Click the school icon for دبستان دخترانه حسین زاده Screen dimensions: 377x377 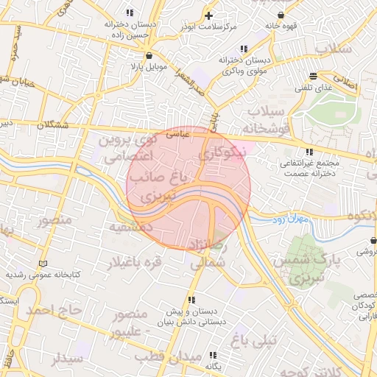(130, 13)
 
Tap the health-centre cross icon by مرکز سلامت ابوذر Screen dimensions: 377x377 (209, 15)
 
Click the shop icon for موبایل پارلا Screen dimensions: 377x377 (150, 54)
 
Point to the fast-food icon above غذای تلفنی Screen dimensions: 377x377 (314, 76)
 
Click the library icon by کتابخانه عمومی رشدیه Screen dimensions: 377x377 (43, 263)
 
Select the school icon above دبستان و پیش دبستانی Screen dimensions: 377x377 (191, 300)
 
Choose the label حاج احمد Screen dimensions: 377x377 (52, 310)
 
